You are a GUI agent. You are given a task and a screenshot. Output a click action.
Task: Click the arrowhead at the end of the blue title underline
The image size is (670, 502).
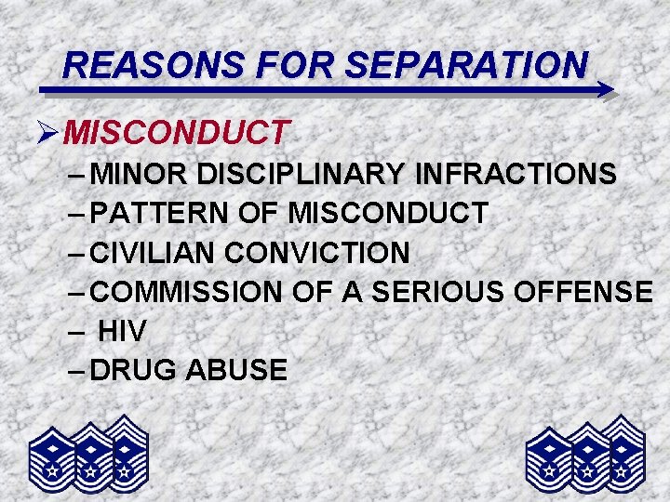pyautogui.click(x=605, y=90)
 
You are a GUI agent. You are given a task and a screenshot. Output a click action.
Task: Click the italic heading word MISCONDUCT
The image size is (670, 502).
pyautogui.click(x=178, y=133)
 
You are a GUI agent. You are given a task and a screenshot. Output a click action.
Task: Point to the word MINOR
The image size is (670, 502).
pyautogui.click(x=140, y=174)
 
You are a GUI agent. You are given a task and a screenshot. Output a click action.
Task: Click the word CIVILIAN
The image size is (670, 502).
pyautogui.click(x=154, y=252)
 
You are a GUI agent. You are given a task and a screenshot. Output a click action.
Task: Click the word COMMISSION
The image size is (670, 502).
pyautogui.click(x=186, y=291)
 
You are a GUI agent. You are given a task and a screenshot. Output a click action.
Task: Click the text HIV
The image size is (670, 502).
pyautogui.click(x=122, y=331)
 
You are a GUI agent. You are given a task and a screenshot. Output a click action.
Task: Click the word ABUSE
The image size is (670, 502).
pyautogui.click(x=236, y=370)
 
